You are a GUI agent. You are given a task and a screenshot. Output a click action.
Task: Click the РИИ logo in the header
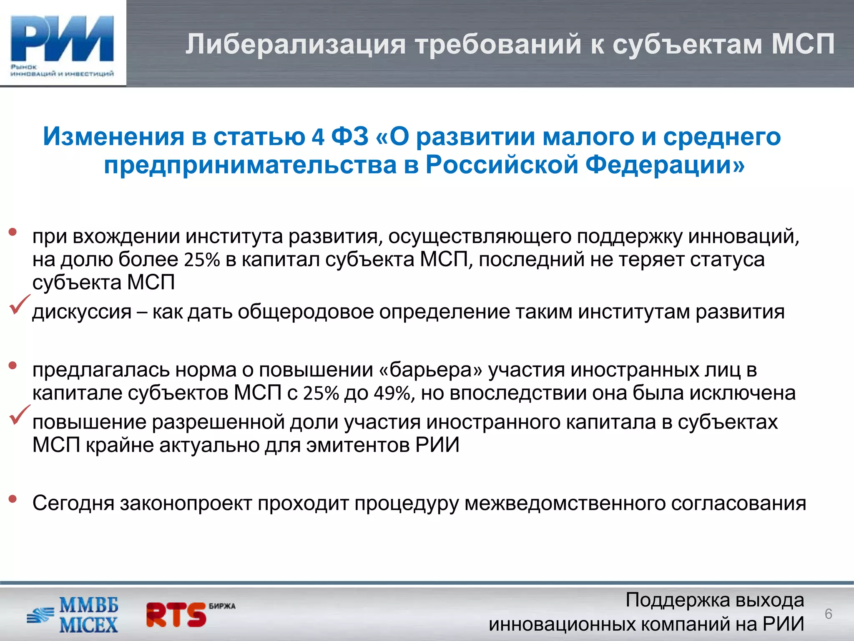click(63, 44)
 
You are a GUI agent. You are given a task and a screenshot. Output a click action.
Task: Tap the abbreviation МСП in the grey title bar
click(803, 44)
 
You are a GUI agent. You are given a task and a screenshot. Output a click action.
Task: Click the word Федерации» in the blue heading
click(665, 165)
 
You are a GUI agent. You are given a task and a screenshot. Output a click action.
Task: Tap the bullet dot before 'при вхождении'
click(13, 232)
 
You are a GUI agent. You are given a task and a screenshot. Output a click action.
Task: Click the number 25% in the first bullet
click(202, 260)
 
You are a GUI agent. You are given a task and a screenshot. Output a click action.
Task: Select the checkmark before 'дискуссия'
click(19, 304)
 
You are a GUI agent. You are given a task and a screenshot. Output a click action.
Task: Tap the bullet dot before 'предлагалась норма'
click(13, 366)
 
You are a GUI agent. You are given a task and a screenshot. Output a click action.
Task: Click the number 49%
click(392, 394)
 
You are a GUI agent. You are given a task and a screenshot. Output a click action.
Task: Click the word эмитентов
click(358, 445)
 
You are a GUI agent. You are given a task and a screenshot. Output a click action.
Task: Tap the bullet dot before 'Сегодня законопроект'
click(13, 498)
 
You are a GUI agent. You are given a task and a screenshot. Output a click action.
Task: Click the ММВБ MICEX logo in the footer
click(73, 615)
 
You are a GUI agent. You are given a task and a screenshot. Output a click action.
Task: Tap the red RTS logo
click(177, 614)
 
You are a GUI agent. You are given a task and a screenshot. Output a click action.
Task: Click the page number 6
click(828, 614)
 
